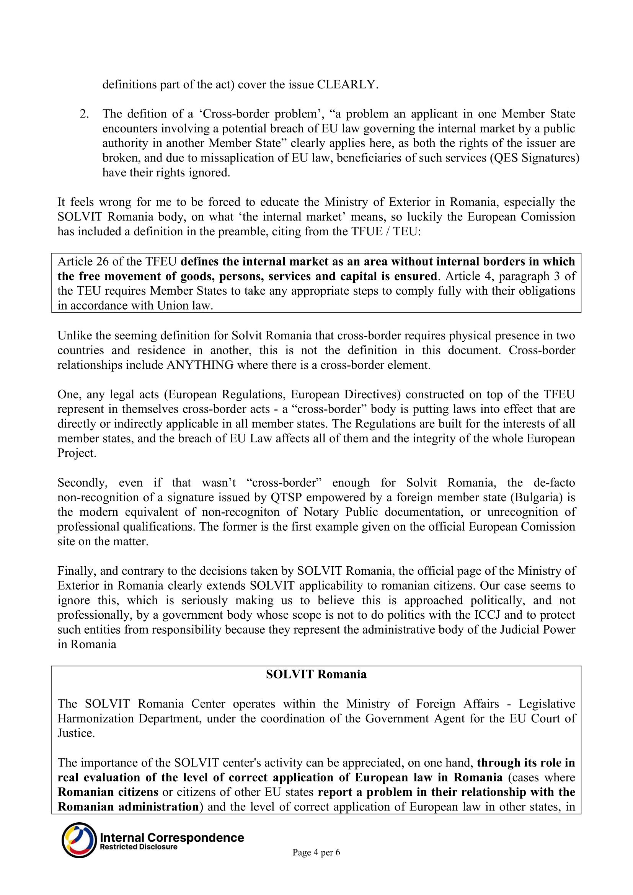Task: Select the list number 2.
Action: coord(84,114)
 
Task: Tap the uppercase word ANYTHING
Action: coord(200,365)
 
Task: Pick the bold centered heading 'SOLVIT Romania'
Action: coord(316,674)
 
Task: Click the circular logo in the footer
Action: coord(79,840)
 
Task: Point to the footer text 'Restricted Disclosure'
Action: coord(139,847)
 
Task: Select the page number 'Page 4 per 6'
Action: coord(316,853)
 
